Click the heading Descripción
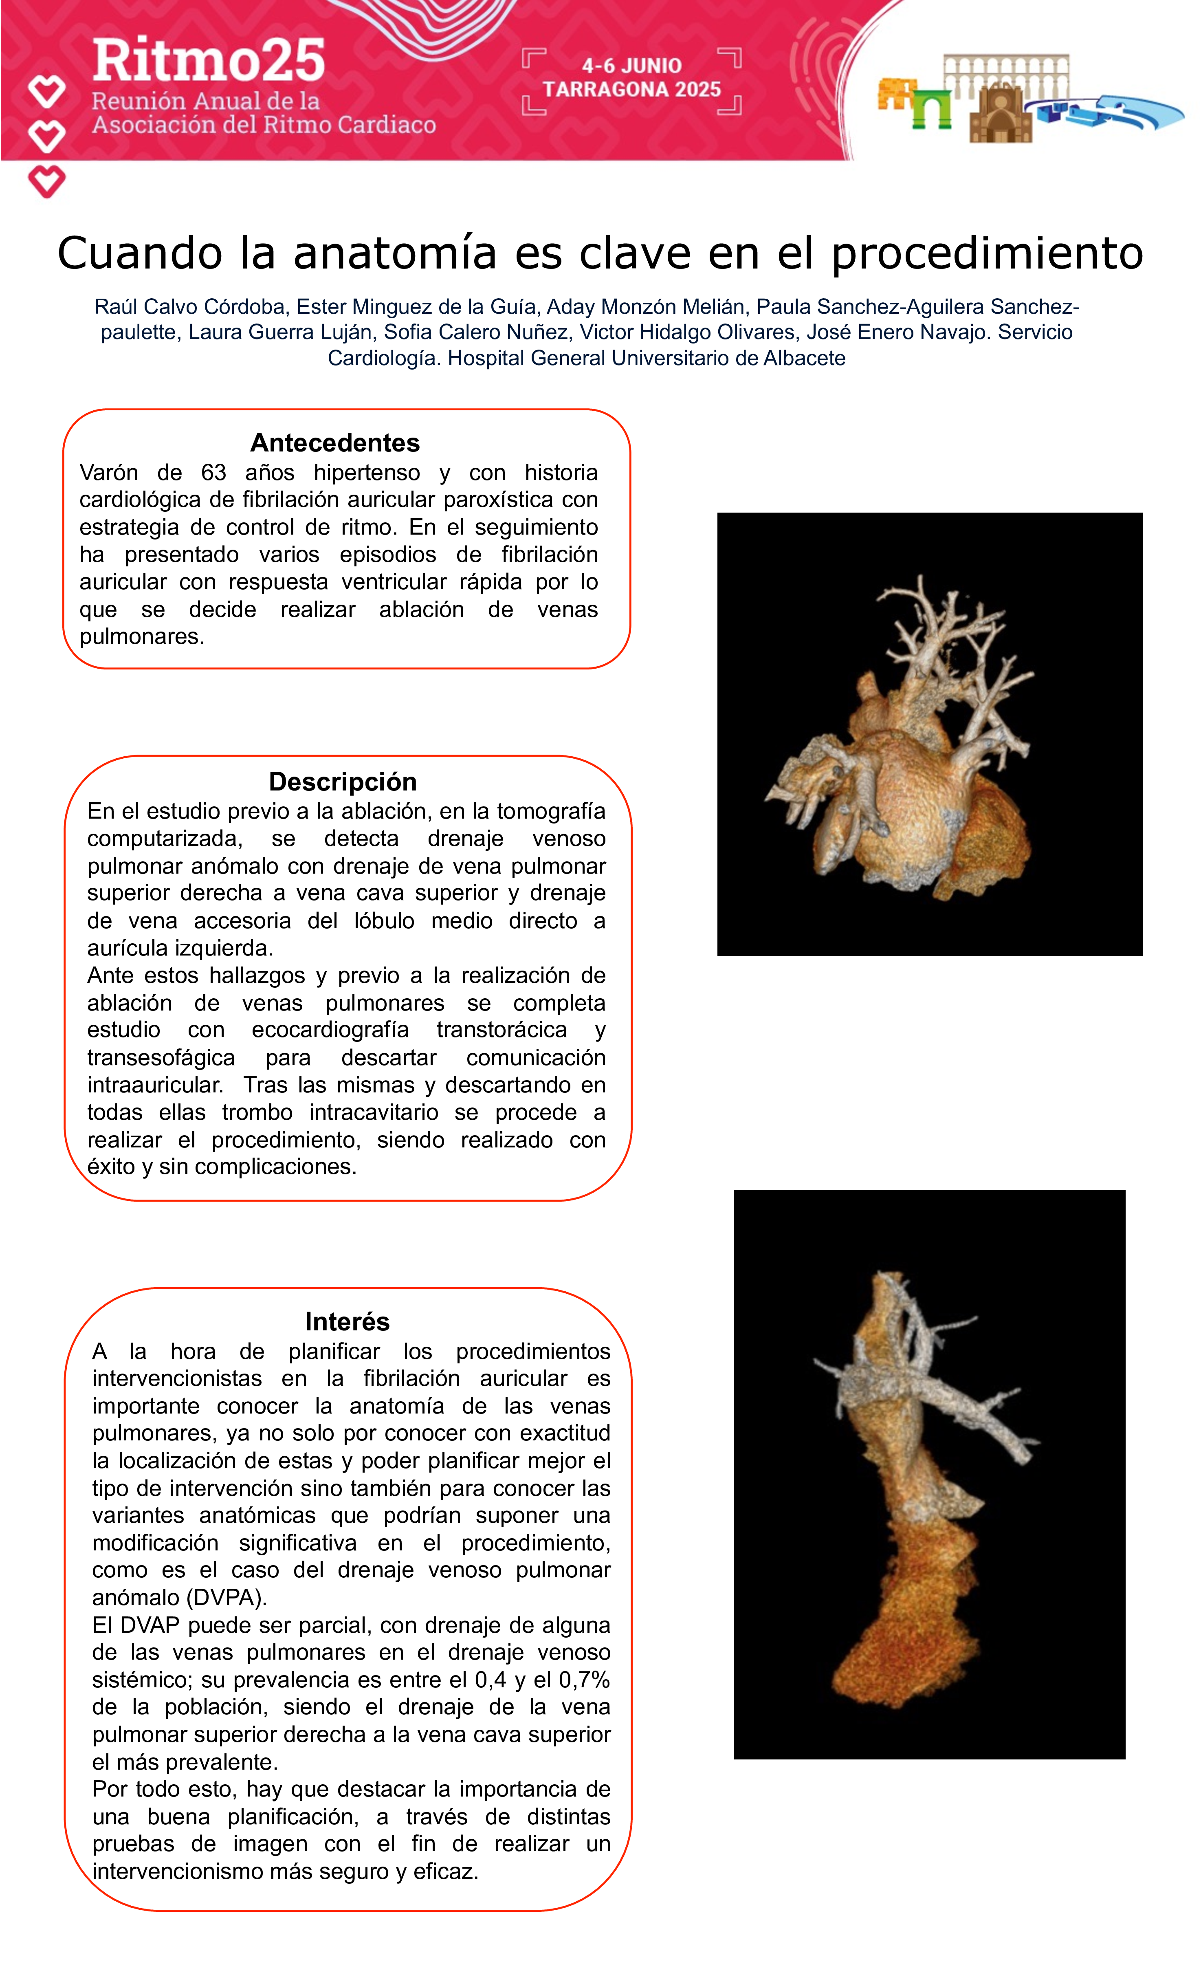(343, 781)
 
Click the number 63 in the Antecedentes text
(213, 473)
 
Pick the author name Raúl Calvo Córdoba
(190, 307)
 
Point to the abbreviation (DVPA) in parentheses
(226, 1597)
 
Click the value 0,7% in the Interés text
(584, 1680)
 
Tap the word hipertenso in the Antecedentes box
(367, 473)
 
